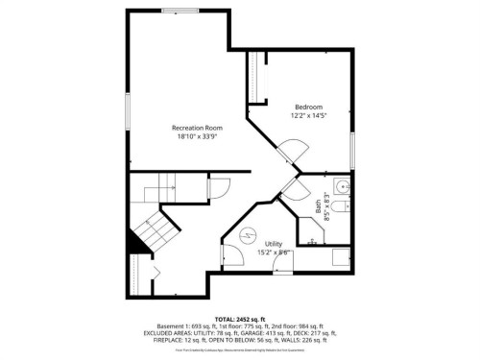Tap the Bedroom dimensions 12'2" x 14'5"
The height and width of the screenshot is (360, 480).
(x=308, y=115)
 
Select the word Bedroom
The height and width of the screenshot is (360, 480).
(x=308, y=107)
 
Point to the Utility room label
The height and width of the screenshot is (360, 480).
(x=274, y=244)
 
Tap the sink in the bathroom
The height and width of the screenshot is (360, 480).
(x=343, y=186)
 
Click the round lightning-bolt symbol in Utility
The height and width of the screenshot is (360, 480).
(x=247, y=234)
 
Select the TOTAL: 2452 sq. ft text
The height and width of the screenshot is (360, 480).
(x=239, y=318)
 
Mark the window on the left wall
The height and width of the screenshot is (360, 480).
(x=128, y=110)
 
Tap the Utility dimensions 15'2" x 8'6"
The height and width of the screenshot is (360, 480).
(x=274, y=252)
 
